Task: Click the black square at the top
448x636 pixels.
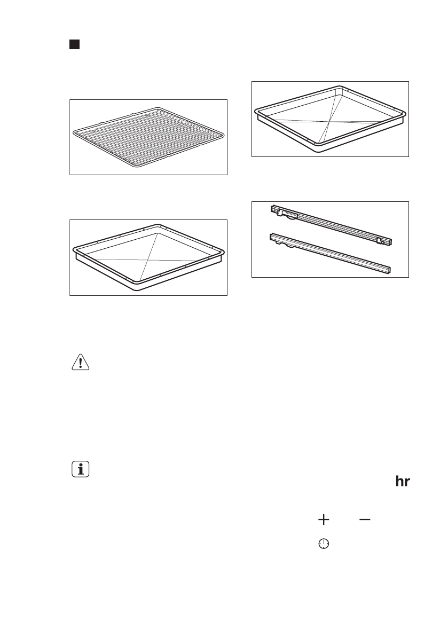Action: click(74, 44)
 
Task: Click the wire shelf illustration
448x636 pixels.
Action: click(149, 137)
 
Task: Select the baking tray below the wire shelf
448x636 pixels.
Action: click(149, 257)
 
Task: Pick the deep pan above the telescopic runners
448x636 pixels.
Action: click(329, 118)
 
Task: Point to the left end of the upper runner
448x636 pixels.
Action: click(273, 209)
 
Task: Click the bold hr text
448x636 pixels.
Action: click(402, 481)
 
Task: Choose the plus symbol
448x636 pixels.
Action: click(324, 519)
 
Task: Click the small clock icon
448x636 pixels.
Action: click(324, 544)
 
